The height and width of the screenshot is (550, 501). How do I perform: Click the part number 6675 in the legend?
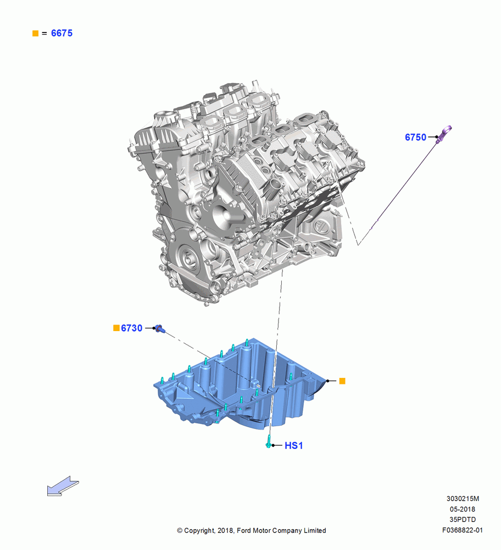[62, 33]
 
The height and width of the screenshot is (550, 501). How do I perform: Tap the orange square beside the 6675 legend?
[35, 34]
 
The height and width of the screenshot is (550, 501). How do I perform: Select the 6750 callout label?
[415, 137]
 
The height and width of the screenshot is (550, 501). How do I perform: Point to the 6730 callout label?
[132, 328]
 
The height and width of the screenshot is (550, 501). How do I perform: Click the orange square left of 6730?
[116, 328]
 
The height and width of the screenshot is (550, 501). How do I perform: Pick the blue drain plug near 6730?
[160, 329]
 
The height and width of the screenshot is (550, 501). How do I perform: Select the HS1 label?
[293, 446]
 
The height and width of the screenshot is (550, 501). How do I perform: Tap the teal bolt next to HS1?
[269, 442]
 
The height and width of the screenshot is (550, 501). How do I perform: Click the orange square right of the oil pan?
[342, 381]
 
